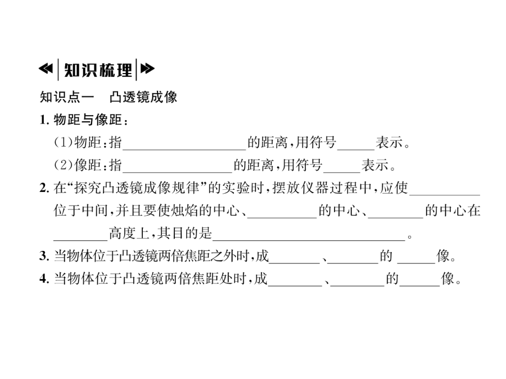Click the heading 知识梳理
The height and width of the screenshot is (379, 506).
click(x=98, y=70)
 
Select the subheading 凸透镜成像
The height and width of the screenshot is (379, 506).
click(x=143, y=97)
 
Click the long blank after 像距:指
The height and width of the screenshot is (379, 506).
click(x=177, y=166)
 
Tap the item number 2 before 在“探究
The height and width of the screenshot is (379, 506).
click(x=43, y=189)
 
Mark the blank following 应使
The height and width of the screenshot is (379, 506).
click(x=445, y=189)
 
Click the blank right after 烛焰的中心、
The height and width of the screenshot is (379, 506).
click(x=281, y=212)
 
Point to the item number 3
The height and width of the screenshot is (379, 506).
click(x=43, y=258)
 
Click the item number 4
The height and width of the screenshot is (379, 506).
click(x=43, y=280)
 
